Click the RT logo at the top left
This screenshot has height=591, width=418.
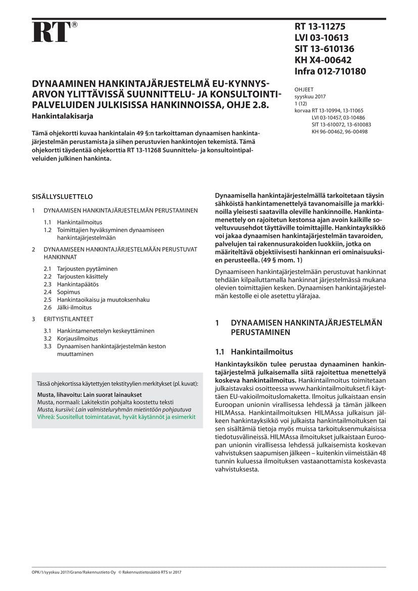click(51, 31)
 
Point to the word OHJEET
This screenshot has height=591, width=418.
click(304, 89)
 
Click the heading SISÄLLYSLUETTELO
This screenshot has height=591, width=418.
click(62, 197)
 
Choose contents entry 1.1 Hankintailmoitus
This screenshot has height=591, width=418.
click(79, 222)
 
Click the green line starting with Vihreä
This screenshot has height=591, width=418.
click(116, 417)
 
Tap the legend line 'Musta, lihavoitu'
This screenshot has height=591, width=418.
click(89, 394)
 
